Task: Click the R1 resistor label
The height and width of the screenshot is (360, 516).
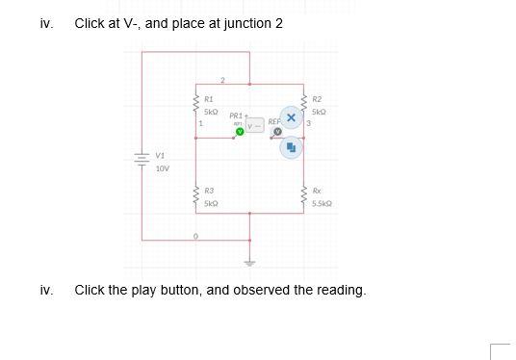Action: tap(209, 99)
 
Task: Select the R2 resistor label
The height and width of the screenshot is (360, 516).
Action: tap(318, 99)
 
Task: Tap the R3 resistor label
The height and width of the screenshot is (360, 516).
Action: tap(209, 192)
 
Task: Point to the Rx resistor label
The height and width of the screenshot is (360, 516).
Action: tap(317, 192)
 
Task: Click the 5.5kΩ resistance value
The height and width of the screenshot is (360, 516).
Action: tap(321, 204)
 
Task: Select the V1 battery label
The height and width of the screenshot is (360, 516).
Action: tap(160, 155)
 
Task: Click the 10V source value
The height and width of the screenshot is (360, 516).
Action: tap(162, 167)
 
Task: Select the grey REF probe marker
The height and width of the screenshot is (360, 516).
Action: tap(276, 131)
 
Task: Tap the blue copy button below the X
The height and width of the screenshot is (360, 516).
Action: tap(292, 147)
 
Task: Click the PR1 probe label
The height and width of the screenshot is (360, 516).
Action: tap(236, 116)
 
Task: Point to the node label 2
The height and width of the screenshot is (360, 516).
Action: tap(222, 80)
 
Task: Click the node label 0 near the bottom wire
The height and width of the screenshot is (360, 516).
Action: tap(195, 235)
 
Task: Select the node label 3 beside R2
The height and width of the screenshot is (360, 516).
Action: tap(308, 122)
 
